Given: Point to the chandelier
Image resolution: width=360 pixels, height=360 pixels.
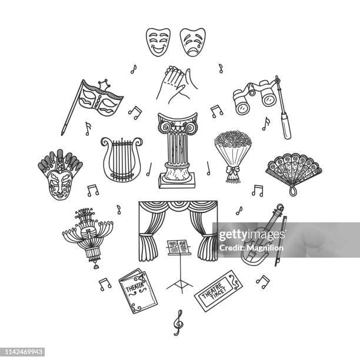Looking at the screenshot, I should [x=88, y=235].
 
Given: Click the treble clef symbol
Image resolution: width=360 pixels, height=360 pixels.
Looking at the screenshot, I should [x=178, y=322].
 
